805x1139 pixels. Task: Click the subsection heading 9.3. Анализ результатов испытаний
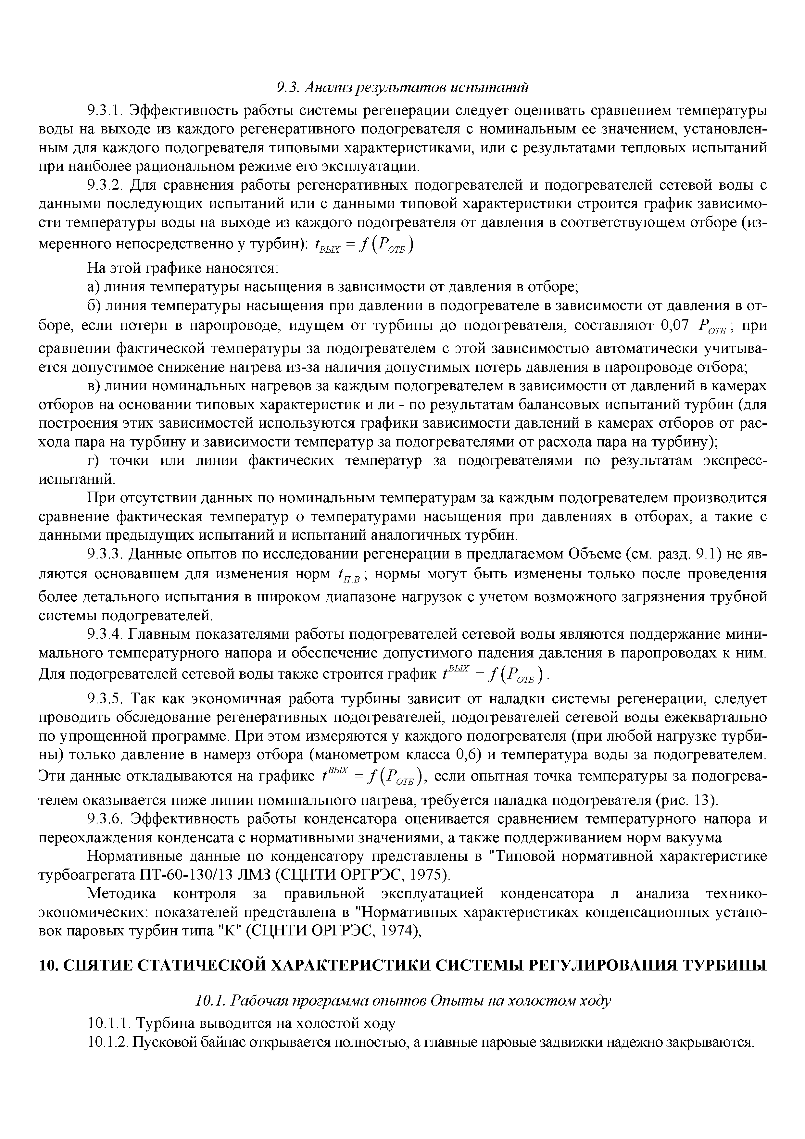click(402, 88)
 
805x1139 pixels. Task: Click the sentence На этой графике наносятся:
click(183, 269)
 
